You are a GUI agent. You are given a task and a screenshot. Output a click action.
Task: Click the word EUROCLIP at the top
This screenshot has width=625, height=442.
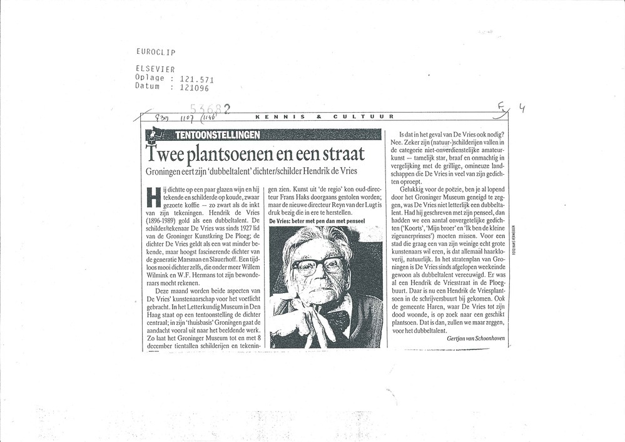click(155, 52)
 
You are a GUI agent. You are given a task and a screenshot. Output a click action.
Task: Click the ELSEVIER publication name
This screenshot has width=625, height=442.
click(155, 69)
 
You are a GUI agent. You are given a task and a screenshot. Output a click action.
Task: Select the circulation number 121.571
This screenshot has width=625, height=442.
click(196, 80)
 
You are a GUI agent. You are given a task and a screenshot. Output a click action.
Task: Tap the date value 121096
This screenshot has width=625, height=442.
click(194, 88)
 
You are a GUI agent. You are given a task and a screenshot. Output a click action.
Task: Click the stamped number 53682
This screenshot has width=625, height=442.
click(210, 110)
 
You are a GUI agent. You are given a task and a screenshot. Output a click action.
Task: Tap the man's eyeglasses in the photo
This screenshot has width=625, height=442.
click(317, 265)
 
